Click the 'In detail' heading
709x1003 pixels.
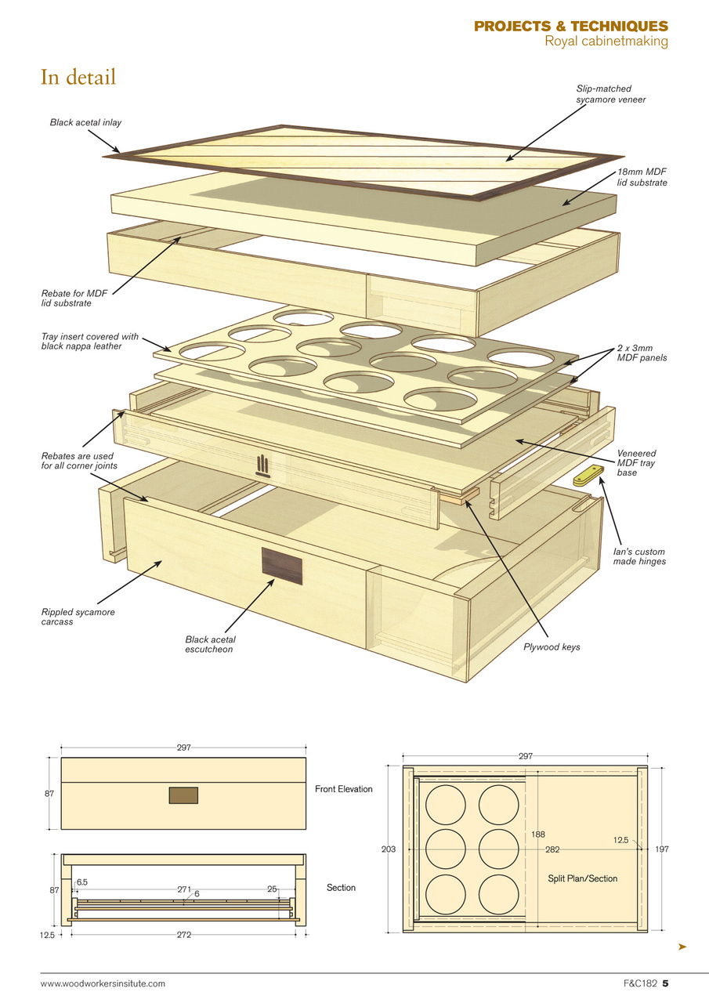[x=78, y=78]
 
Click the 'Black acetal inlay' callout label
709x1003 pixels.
[x=85, y=122]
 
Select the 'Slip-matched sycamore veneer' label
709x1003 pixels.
[x=603, y=94]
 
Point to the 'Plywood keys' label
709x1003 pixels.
[x=552, y=647]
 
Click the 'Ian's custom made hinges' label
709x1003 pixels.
[x=639, y=556]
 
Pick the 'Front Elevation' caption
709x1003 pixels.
[x=344, y=789]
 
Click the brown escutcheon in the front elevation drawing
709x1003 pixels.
[x=183, y=795]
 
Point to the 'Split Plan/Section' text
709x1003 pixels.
[x=582, y=878]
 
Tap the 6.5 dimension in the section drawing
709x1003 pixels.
[x=82, y=882]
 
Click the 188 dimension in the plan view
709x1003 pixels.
[x=537, y=835]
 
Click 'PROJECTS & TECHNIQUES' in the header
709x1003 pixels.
[x=570, y=27]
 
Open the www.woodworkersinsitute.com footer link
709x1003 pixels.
[x=103, y=983]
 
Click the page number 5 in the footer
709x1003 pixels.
[x=664, y=983]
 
